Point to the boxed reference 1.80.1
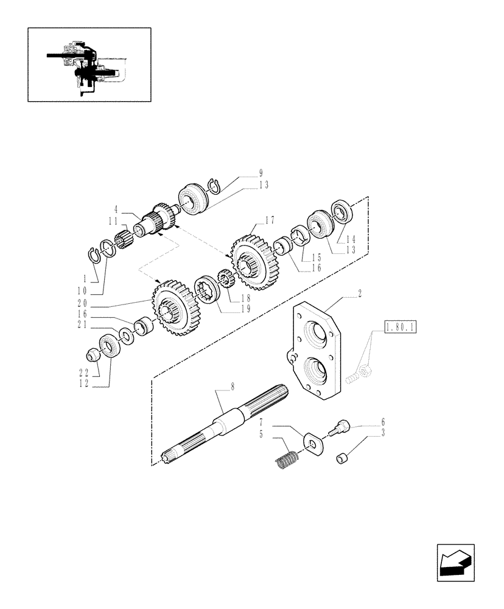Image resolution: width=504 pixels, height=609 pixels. (x=400, y=329)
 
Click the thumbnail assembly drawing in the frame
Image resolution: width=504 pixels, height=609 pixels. (x=89, y=64)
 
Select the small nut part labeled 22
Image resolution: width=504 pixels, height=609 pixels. (x=95, y=353)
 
